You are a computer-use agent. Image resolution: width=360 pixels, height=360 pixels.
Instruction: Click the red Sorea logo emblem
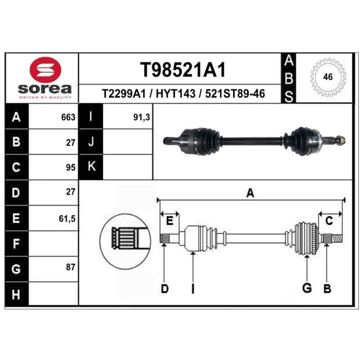click(x=45, y=70)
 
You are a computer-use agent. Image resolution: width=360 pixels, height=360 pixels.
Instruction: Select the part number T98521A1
click(x=183, y=70)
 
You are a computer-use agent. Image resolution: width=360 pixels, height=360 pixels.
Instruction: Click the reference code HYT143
click(x=175, y=94)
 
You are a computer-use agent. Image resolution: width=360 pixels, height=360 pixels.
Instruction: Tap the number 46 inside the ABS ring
click(x=328, y=76)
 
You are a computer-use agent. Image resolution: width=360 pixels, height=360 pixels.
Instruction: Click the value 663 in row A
click(x=68, y=117)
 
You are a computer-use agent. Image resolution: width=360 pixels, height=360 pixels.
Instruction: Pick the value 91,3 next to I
click(x=141, y=117)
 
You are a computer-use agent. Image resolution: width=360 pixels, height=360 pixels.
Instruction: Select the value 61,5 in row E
click(x=67, y=219)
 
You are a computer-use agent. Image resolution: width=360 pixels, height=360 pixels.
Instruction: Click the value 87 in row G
click(x=71, y=267)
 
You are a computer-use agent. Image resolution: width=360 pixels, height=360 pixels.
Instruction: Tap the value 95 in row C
click(x=71, y=167)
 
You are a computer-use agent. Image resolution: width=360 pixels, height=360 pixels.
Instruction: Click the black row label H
click(x=17, y=294)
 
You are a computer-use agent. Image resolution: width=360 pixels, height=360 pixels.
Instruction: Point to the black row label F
click(x=17, y=243)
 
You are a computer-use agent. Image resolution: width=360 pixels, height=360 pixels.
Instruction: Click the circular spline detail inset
click(x=126, y=242)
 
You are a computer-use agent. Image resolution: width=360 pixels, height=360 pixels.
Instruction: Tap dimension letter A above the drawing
click(x=250, y=193)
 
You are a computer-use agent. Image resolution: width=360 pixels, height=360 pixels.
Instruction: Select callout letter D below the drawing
click(x=165, y=289)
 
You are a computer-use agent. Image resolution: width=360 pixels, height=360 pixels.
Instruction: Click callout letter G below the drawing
click(x=307, y=288)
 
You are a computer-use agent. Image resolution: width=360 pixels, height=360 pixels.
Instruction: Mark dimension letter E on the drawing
click(x=170, y=221)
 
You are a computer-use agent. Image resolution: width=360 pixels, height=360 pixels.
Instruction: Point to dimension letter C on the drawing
click(x=329, y=221)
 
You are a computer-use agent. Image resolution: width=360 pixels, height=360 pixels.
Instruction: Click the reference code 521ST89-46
click(x=235, y=94)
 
